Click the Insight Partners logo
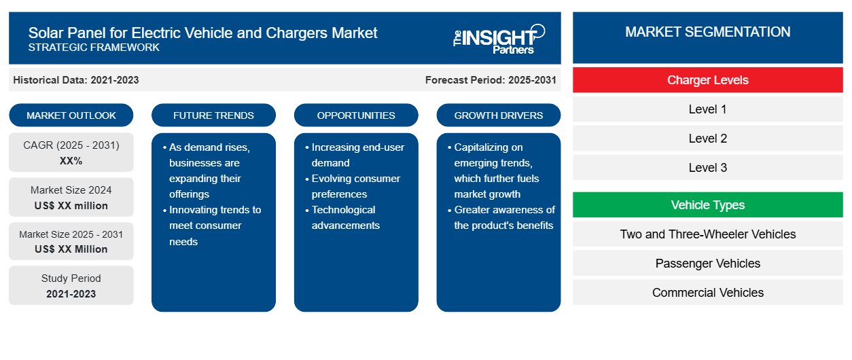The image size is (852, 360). pyautogui.click(x=499, y=39)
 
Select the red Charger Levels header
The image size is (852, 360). pyautogui.click(x=707, y=80)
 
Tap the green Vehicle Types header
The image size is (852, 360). pyautogui.click(x=707, y=205)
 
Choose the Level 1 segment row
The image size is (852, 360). pyautogui.click(x=707, y=109)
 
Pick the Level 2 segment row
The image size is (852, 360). pyautogui.click(x=707, y=139)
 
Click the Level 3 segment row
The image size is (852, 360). pyautogui.click(x=707, y=167)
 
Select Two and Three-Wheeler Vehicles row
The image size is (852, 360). pyautogui.click(x=707, y=234)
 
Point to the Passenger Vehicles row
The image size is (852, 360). pyautogui.click(x=707, y=263)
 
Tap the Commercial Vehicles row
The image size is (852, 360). pyautogui.click(x=707, y=292)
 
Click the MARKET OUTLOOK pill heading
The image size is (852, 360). pyautogui.click(x=71, y=115)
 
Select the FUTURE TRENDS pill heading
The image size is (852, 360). pyautogui.click(x=213, y=115)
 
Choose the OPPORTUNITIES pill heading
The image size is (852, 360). pyautogui.click(x=356, y=115)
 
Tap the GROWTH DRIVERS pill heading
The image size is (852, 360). pyautogui.click(x=498, y=115)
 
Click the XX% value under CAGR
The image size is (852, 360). pyautogui.click(x=71, y=161)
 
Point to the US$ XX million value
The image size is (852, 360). pyautogui.click(x=71, y=206)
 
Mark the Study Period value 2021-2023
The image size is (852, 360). pyautogui.click(x=71, y=294)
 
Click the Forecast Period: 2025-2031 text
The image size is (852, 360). pyautogui.click(x=491, y=80)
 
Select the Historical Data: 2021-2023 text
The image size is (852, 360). pyautogui.click(x=76, y=80)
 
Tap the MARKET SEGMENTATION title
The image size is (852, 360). pyautogui.click(x=707, y=32)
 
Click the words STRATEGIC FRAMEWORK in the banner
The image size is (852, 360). pyautogui.click(x=94, y=48)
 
